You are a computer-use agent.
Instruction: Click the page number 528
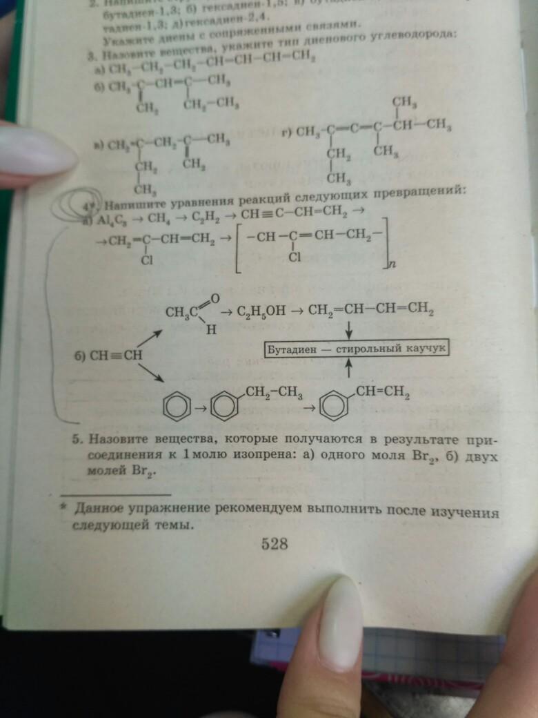click(274, 544)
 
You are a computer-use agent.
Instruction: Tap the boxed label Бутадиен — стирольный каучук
click(357, 349)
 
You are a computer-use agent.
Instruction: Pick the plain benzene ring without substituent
click(175, 407)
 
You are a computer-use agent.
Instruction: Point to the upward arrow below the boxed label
click(349, 370)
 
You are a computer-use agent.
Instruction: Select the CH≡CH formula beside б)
click(114, 356)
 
